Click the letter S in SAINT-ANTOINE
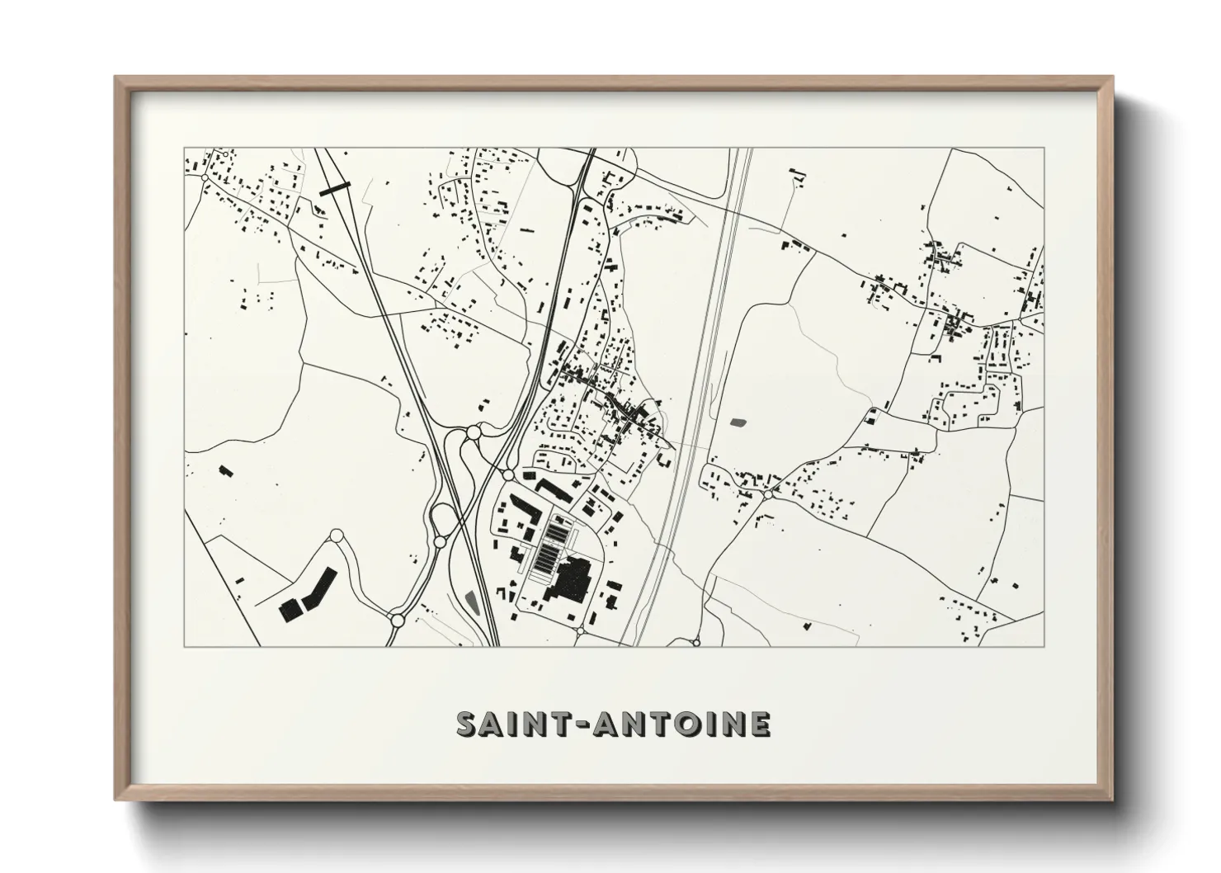click(468, 724)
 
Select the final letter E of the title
click(761, 724)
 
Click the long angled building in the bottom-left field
click(319, 588)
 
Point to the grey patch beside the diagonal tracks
click(473, 602)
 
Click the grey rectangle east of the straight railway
click(738, 422)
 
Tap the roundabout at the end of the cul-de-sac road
click(336, 536)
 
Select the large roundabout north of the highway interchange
click(474, 432)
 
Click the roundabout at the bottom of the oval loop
click(440, 542)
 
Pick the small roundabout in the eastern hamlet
click(768, 494)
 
